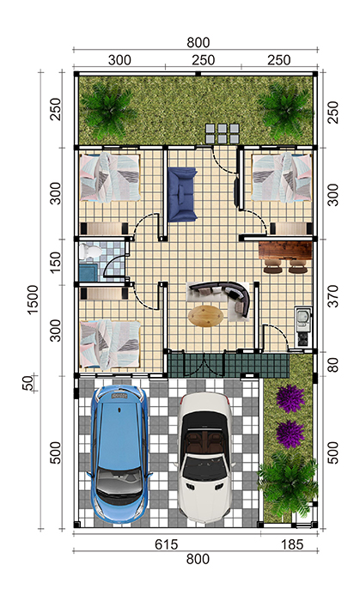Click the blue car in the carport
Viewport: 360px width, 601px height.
tap(119, 455)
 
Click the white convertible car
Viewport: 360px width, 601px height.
tap(206, 457)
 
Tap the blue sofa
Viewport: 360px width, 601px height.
tap(182, 194)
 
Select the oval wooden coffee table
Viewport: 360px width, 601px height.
tap(206, 316)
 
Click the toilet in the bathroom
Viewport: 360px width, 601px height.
tap(90, 252)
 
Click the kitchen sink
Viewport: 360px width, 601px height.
tap(303, 318)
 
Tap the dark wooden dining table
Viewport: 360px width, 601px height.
tap(285, 250)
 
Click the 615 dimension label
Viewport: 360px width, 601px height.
tap(167, 543)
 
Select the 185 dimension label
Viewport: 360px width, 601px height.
tap(292, 543)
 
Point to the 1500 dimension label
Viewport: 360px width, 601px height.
tap(33, 300)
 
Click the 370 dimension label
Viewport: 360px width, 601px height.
tap(333, 296)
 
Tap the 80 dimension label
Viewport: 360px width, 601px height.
tap(333, 365)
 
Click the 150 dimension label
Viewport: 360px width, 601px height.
tap(56, 262)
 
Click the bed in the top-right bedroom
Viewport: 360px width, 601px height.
tap(282, 177)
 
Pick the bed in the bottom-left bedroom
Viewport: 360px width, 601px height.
tap(111, 345)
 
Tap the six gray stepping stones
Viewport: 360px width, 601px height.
tap(223, 133)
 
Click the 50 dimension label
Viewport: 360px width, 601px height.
tap(28, 383)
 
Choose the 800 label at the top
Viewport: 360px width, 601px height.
tap(198, 43)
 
